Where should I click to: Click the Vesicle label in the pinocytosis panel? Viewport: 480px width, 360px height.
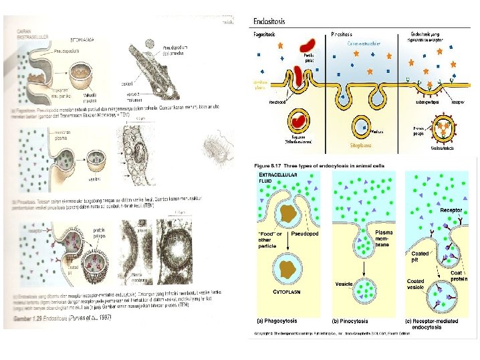(345, 284)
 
